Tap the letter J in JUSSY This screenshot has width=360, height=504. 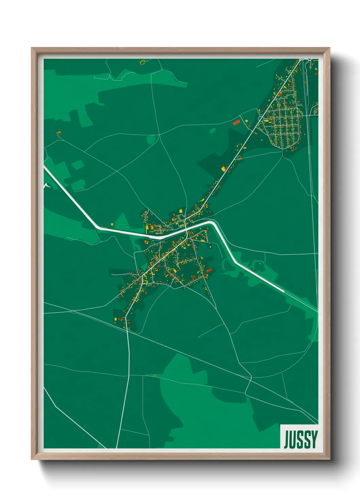coord(287,439)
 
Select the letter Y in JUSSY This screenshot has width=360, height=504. coord(314,439)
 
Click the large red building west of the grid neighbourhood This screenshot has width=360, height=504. coord(236,122)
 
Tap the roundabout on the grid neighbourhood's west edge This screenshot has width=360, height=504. coord(261,119)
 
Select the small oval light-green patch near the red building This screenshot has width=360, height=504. coord(213,131)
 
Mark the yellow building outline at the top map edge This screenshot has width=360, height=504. coord(142,62)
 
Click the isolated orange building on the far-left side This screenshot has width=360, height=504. coord(59,132)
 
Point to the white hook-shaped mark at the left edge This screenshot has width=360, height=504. coord(46,185)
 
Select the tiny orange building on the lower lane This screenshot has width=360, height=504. coord(155,376)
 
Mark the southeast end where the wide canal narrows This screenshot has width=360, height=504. coord(283,292)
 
